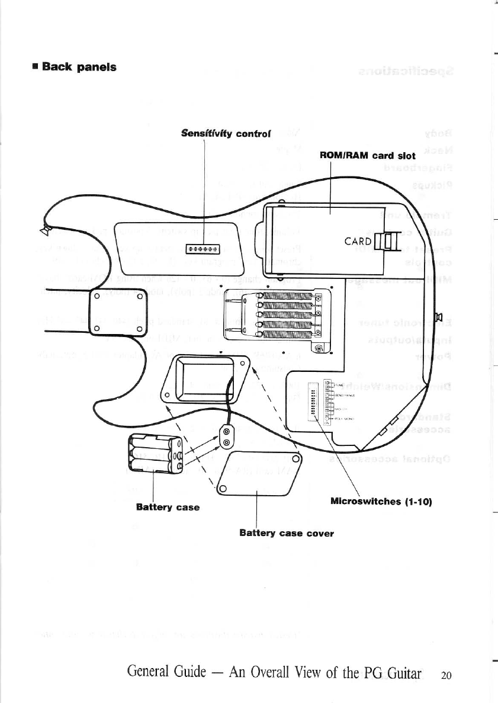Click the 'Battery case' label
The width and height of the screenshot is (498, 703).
point(167,507)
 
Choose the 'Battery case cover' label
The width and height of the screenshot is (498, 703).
point(287,533)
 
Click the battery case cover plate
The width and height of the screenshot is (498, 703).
point(259,472)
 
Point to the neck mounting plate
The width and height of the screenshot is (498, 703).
point(117,312)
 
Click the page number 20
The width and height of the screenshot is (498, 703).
point(446,675)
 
